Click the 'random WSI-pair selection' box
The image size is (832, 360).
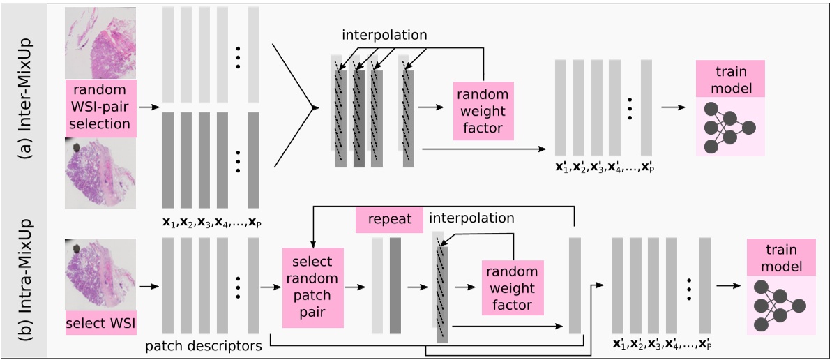pos(100,107)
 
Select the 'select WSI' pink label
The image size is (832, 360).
pos(100,324)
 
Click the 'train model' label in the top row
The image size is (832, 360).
pos(730,79)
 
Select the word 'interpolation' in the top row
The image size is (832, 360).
pos(384,34)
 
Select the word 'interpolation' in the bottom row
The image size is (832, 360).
pos(472,218)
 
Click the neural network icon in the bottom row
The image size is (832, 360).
pos(778,305)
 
